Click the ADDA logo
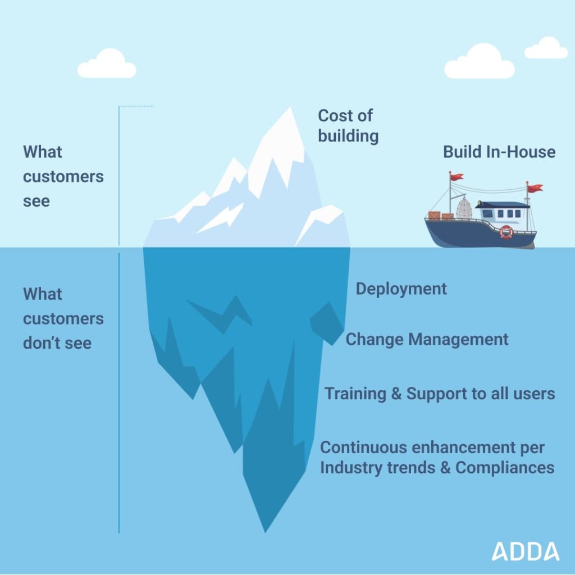coord(526,551)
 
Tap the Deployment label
coord(401,289)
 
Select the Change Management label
coord(427,339)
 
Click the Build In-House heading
coord(499,152)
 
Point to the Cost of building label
coord(348,125)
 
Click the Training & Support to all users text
coord(440,394)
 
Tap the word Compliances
coord(505,468)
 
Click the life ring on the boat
coord(506,232)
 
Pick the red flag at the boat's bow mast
coord(457,177)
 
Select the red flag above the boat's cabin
coord(535,188)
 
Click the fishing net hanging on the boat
coord(464,208)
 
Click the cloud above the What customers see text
coord(107,63)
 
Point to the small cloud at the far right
coord(546,48)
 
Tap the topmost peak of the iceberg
coord(290,107)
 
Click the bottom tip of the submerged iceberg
coord(265,532)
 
